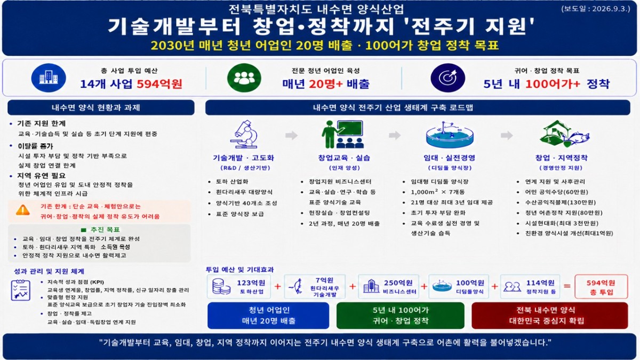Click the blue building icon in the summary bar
click(x=49, y=78)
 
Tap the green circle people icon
click(x=244, y=78)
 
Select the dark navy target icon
click(x=447, y=78)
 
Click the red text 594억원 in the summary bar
click(x=159, y=84)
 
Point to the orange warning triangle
click(x=23, y=210)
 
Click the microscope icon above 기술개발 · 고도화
click(x=244, y=134)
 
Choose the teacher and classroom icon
click(x=342, y=134)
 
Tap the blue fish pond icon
click(x=450, y=134)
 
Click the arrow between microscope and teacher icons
click(x=291, y=135)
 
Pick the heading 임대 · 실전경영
click(x=450, y=158)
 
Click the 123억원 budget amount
click(x=251, y=283)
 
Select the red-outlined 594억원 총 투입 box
click(x=601, y=286)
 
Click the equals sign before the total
click(x=567, y=286)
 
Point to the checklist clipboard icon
click(x=21, y=290)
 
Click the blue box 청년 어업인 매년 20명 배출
click(x=268, y=315)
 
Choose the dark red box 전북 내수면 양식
click(x=550, y=315)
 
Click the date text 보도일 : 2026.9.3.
click(x=595, y=9)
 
